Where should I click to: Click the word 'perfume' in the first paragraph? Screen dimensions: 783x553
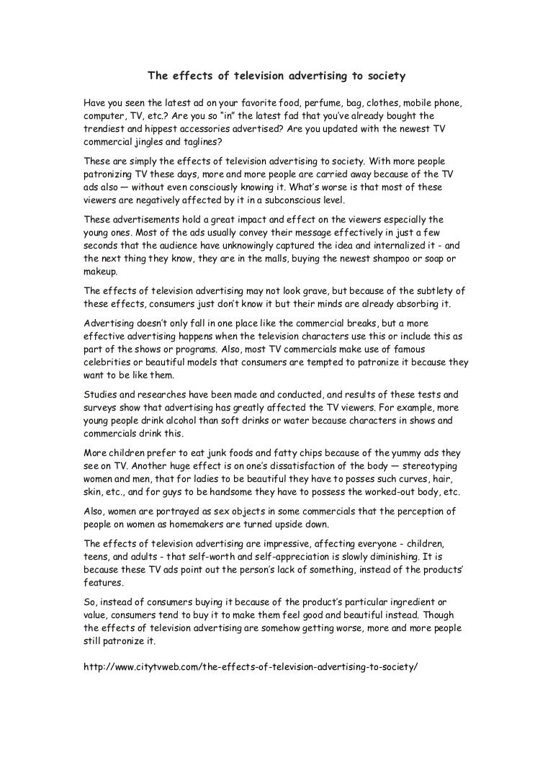click(313, 104)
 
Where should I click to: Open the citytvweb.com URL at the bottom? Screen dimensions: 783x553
click(251, 666)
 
